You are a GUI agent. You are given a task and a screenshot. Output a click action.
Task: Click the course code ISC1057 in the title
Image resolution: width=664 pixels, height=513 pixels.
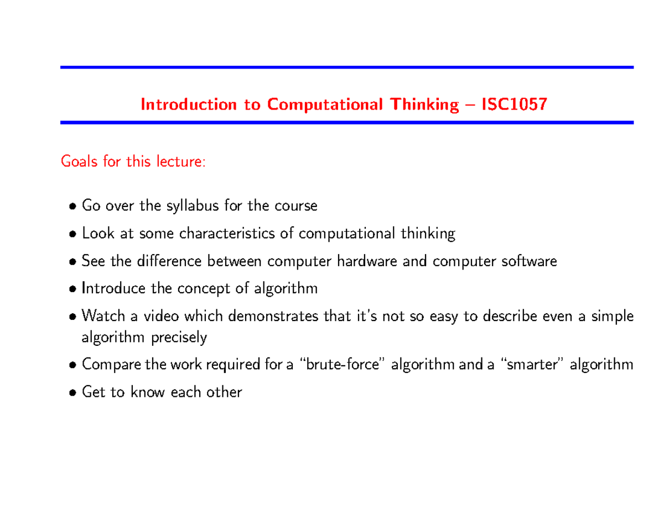click(514, 104)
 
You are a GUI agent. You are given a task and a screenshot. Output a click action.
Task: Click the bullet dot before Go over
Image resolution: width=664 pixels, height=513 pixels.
click(73, 207)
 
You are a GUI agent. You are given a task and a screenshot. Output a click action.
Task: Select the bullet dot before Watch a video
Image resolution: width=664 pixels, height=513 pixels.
click(73, 317)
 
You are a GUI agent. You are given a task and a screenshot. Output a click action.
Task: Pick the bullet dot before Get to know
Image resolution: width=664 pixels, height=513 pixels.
click(73, 393)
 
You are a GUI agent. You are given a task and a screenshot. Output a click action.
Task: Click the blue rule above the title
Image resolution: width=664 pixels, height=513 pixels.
click(346, 68)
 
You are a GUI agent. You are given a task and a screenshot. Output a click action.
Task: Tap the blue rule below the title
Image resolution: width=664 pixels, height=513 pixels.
click(346, 122)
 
